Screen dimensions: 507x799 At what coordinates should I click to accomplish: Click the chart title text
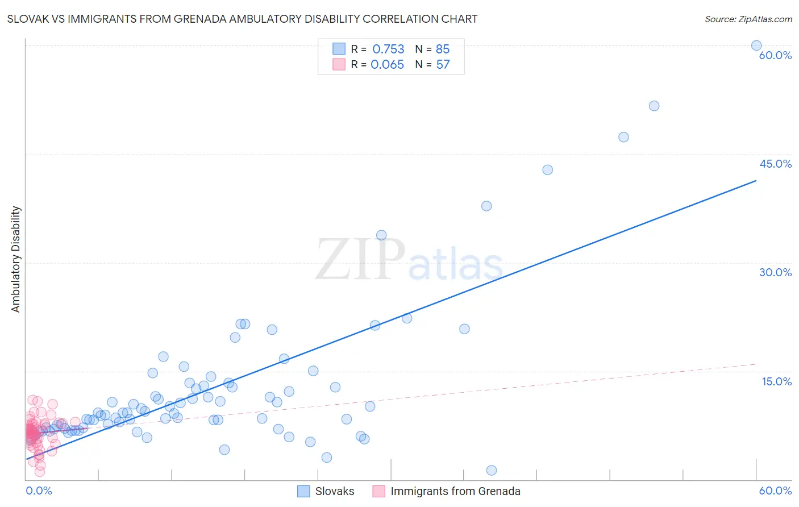[242, 19]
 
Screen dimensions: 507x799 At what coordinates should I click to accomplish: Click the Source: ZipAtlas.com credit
[748, 19]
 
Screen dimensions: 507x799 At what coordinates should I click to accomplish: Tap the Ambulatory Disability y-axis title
[16, 259]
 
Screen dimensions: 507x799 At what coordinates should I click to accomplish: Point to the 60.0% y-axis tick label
[775, 55]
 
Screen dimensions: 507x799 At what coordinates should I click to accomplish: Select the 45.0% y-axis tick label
[775, 164]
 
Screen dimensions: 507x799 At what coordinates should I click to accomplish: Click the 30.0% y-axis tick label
[775, 272]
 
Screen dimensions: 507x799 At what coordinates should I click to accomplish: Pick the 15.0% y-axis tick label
[776, 381]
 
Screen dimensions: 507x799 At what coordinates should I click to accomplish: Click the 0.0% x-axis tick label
[39, 491]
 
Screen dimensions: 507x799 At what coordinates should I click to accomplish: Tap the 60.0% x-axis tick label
[775, 491]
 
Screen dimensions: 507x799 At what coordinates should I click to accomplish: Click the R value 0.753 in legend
[388, 49]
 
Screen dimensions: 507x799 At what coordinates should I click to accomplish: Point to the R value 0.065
[387, 65]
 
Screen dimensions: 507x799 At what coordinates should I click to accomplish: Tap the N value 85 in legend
[443, 49]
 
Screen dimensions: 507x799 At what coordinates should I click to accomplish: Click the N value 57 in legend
[443, 65]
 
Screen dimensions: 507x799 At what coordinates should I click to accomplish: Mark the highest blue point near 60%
[756, 45]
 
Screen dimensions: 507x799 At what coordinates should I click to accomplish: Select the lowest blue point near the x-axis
[492, 470]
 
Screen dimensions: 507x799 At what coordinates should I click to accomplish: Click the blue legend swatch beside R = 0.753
[339, 49]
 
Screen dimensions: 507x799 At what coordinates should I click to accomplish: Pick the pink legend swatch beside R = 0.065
[339, 64]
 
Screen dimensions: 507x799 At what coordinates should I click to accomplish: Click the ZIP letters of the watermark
[360, 259]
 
